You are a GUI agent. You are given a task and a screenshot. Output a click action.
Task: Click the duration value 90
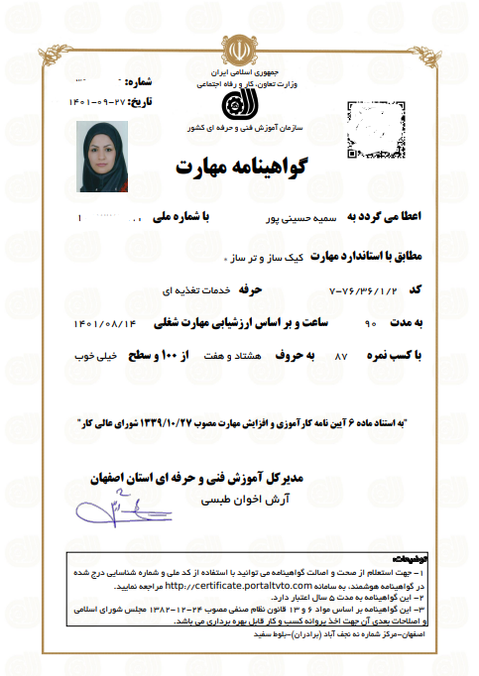[x=370, y=323]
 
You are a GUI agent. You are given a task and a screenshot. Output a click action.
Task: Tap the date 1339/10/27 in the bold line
[x=203, y=420]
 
